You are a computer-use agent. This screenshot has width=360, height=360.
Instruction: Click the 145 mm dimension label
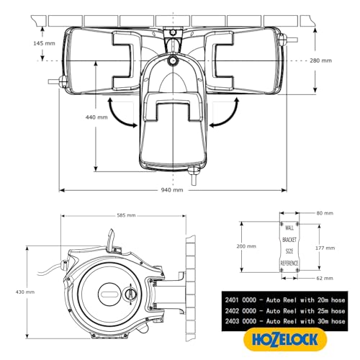[24, 44]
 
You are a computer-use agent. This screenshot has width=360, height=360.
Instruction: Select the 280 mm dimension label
[336, 61]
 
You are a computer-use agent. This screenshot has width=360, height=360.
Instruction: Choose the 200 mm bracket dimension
[246, 246]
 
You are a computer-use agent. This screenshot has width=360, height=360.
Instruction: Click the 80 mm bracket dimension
[324, 214]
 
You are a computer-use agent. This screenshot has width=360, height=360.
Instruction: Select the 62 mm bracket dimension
[324, 278]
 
